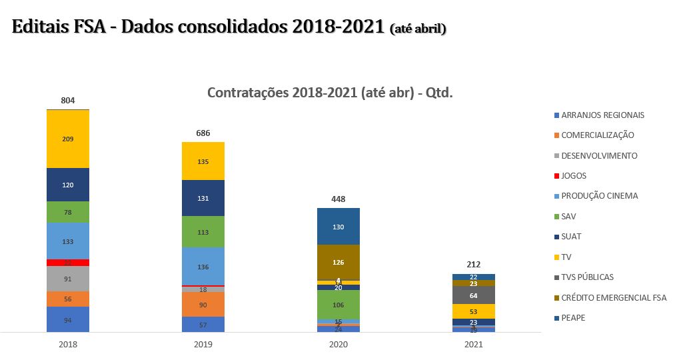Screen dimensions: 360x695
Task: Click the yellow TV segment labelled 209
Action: pyautogui.click(x=68, y=139)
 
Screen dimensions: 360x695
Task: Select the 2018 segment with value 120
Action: pyautogui.click(x=68, y=185)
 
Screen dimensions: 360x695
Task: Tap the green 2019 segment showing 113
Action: pyautogui.click(x=203, y=232)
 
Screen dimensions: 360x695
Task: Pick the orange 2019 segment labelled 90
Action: pyautogui.click(x=203, y=305)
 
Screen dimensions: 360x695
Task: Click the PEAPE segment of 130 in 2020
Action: pyautogui.click(x=339, y=227)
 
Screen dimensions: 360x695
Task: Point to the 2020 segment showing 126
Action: pyautogui.click(x=339, y=262)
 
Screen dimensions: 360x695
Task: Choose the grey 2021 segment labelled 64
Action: pyautogui.click(x=474, y=295)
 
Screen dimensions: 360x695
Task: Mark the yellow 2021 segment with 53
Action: pyautogui.click(x=474, y=311)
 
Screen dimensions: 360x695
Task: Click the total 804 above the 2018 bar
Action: pyautogui.click(x=68, y=100)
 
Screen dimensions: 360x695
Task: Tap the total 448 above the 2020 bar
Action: pyautogui.click(x=339, y=199)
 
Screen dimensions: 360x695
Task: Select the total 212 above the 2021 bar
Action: pyautogui.click(x=474, y=265)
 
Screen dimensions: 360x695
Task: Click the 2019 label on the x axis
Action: pyautogui.click(x=203, y=345)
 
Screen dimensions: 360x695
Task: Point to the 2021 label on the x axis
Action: pyautogui.click(x=474, y=345)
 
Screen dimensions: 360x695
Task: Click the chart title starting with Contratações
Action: pyautogui.click(x=330, y=93)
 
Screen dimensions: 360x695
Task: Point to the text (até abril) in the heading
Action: pyautogui.click(x=417, y=29)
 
